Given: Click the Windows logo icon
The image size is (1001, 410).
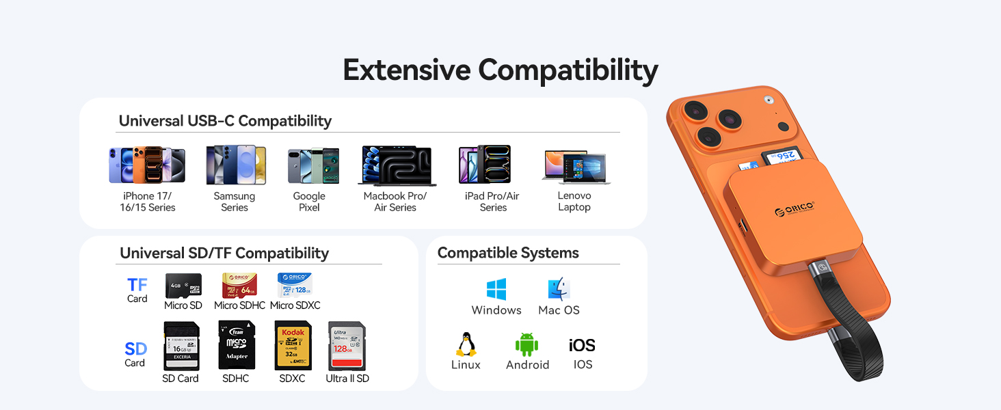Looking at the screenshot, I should pos(496,289).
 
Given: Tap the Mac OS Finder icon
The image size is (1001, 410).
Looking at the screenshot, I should pos(559,289).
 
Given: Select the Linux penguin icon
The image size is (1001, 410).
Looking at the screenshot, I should pos(466,344).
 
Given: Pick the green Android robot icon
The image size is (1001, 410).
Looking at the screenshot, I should pos(527,344).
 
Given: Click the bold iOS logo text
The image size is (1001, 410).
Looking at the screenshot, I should pos(582,345).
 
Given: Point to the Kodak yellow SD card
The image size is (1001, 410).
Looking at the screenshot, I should pos(293,346).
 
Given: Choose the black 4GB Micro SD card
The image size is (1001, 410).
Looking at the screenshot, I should pos(183,285).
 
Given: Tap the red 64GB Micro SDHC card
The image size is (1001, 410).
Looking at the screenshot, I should pos(239,285).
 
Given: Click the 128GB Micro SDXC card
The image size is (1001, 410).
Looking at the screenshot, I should pos(295,285).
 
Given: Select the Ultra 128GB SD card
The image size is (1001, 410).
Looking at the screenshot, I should pos(347,346).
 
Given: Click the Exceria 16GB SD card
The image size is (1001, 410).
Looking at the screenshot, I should pos(181,346).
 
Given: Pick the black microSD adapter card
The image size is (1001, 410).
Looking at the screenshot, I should pos(237,346).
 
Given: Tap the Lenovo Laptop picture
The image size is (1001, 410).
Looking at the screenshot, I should pos(575,167).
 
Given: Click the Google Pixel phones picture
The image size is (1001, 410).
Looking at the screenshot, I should pos(313,166).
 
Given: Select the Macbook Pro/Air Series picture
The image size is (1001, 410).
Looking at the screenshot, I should pos(397,165).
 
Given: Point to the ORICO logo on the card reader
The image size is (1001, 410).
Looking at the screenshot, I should pos(794,210).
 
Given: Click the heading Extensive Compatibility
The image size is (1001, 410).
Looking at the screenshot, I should pos(500,70).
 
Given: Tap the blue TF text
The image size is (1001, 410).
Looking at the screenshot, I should pos(137,285).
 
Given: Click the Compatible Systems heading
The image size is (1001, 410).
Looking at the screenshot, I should pos(508,253).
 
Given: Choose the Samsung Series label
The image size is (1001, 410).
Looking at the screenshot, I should pos(235,202).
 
